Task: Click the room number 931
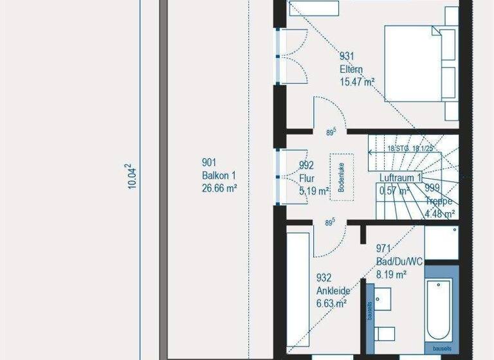point(347,57)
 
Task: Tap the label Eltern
point(351,69)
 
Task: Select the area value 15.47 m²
point(357,82)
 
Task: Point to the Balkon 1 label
point(218,175)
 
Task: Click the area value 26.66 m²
point(220,188)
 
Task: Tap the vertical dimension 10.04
point(133,175)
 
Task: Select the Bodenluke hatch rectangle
point(342,172)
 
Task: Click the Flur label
point(307,178)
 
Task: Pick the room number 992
point(307,166)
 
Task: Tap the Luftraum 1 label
point(400,177)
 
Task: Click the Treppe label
point(441,201)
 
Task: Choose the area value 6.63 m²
point(332,303)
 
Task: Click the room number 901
point(209,163)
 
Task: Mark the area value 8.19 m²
point(391,274)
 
